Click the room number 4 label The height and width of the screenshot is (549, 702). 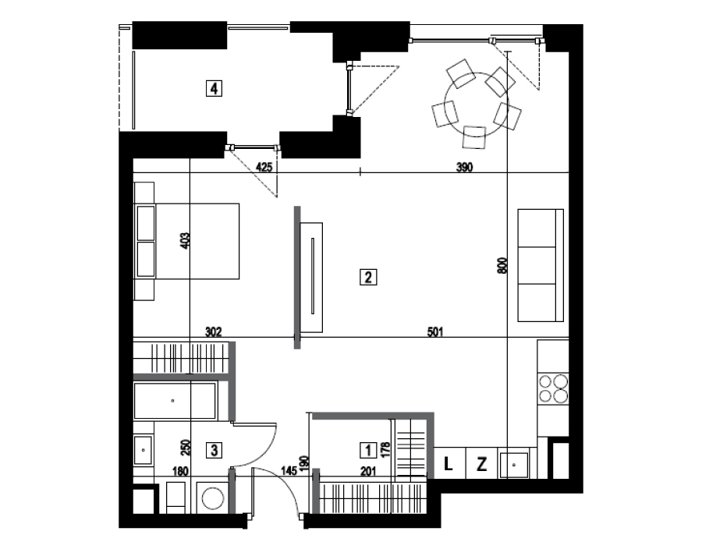pyautogui.click(x=214, y=88)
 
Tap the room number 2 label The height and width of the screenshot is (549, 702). pyautogui.click(x=368, y=277)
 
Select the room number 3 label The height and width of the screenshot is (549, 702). pyautogui.click(x=214, y=450)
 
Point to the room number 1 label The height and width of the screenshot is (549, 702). pyautogui.click(x=368, y=450)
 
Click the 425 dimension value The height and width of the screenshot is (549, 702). pyautogui.click(x=264, y=168)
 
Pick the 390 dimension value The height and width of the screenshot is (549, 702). pyautogui.click(x=464, y=168)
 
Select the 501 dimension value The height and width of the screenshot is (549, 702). pyautogui.click(x=435, y=332)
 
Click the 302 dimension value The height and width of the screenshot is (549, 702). pyautogui.click(x=213, y=332)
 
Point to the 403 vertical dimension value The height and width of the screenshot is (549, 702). pyautogui.click(x=186, y=241)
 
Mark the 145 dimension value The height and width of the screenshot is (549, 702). pyautogui.click(x=289, y=471)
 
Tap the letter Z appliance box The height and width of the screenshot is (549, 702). pyautogui.click(x=482, y=463)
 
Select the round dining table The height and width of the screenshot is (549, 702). pyautogui.click(x=476, y=104)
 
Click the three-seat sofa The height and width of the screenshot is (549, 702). pyautogui.click(x=541, y=265)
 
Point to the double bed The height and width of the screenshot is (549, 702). pyautogui.click(x=186, y=241)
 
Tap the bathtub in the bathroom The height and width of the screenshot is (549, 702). pyautogui.click(x=175, y=401)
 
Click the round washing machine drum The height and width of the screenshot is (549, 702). pyautogui.click(x=212, y=498)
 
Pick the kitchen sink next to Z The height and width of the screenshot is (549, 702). pyautogui.click(x=514, y=466)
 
